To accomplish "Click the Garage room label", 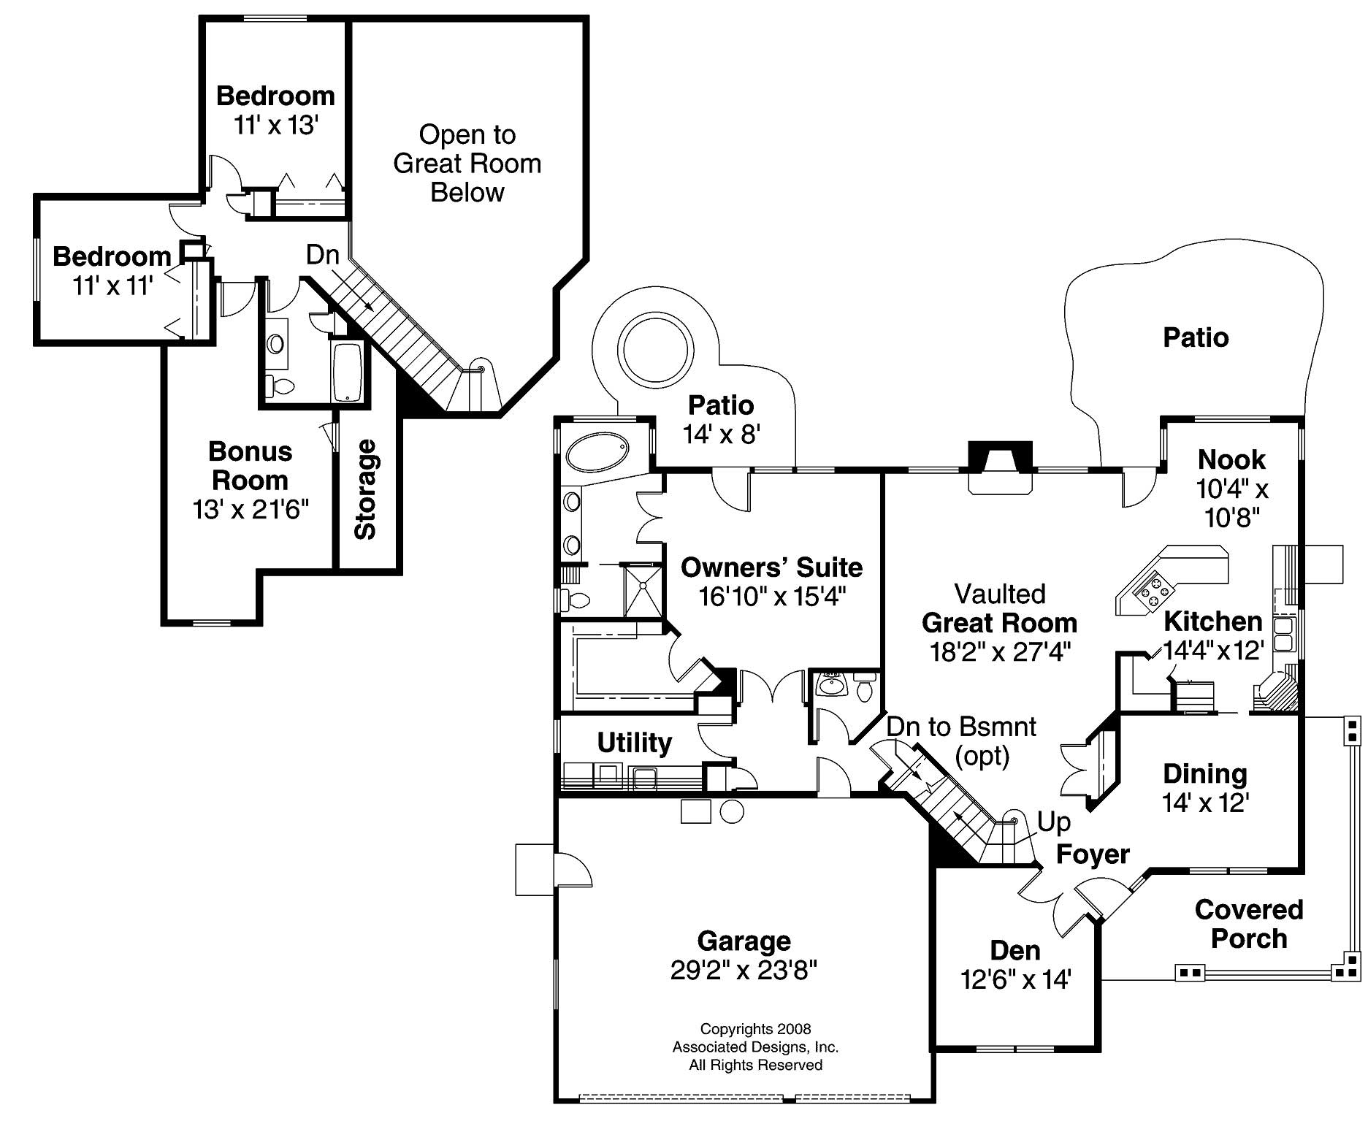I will (744, 941).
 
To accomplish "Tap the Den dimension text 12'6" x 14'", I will (1015, 979).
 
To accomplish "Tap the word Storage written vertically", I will (365, 489).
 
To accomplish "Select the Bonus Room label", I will (250, 466).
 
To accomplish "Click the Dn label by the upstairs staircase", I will (322, 255).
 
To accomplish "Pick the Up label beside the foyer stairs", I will (1054, 822).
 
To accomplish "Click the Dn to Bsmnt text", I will (961, 727).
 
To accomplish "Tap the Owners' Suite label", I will (771, 567).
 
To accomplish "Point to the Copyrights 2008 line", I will (755, 1029).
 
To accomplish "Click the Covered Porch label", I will (1248, 924).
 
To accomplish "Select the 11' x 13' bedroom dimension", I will (275, 126).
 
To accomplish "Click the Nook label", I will (1231, 459).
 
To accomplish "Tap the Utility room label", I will (634, 743).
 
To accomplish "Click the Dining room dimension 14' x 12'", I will (1205, 803).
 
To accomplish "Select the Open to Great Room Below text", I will (467, 164).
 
